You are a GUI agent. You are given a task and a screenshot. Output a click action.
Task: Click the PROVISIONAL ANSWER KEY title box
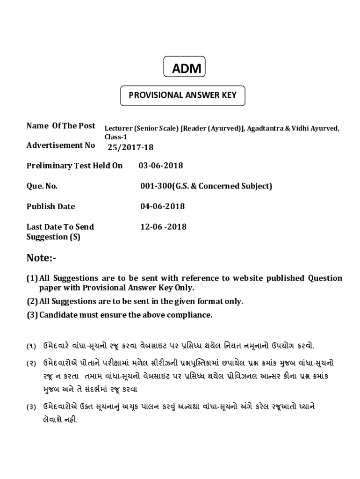pos(182,95)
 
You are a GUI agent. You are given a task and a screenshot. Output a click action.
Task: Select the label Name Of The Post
pos(61,126)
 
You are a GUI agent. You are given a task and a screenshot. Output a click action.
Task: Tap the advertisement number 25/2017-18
pos(130,148)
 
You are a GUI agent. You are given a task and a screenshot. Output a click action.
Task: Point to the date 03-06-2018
pos(161,166)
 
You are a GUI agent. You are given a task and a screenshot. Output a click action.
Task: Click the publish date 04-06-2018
pos(162,206)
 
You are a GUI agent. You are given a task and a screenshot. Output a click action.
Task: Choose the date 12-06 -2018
pos(163,227)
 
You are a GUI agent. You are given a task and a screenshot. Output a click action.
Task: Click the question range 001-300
pos(156,186)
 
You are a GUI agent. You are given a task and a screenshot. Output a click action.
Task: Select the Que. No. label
pos(42,186)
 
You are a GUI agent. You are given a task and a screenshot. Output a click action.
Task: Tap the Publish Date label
pos(50,206)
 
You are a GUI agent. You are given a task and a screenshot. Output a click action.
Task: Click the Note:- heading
pos(41,258)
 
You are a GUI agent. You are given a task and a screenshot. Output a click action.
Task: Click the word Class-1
pos(115,137)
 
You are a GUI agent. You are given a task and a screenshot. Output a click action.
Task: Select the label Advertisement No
pos(61,145)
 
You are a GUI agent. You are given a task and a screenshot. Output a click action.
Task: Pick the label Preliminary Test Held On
pos(74,166)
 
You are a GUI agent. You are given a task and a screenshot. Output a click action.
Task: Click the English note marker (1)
pos(32,278)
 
